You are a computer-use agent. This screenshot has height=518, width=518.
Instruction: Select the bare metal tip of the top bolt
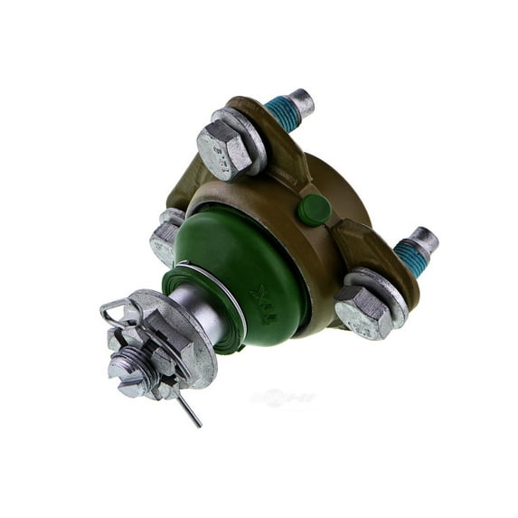pos(302,101)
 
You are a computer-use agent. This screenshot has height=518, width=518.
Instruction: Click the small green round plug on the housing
pos(314,210)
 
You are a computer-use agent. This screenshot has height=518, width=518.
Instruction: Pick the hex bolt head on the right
pos(362,312)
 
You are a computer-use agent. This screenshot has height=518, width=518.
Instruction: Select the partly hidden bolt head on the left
pos(165,237)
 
